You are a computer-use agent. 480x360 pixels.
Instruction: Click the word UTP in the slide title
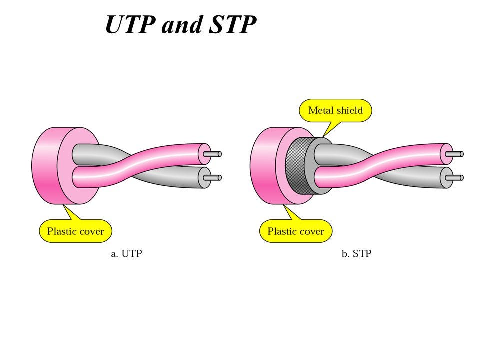coord(130,25)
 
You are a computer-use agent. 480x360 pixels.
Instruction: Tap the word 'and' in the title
coord(181,25)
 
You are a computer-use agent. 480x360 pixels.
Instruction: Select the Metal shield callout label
coord(335,110)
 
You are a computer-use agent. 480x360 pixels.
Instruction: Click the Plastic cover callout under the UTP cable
coord(75,231)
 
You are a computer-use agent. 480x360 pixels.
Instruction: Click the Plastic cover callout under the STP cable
coord(296,231)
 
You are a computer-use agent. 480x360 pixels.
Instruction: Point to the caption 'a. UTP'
coord(126,254)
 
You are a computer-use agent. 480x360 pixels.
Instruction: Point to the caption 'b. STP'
coord(356,254)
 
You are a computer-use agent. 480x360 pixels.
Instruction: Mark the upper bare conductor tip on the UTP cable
coord(216,154)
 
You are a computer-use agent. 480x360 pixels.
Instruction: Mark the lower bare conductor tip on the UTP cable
coord(216,177)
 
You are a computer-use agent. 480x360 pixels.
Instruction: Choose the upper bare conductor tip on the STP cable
coord(458,154)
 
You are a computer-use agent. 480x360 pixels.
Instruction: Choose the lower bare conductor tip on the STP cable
coord(458,177)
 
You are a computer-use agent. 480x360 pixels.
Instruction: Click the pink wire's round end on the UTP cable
coord(204,154)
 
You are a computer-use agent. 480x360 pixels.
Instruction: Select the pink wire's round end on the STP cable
coord(446,154)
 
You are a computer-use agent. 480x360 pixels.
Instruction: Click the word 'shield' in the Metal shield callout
coord(349,110)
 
